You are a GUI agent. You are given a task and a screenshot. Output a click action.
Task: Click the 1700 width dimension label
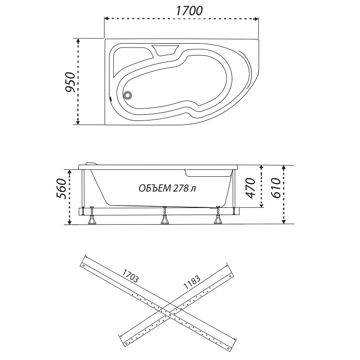[190, 11]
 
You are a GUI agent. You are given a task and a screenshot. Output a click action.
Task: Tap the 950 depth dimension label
[70, 82]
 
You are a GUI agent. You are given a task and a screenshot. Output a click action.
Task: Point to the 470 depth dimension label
[250, 188]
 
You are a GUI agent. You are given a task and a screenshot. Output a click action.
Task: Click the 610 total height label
[276, 188]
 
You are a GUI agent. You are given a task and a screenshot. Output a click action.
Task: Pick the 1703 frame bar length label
[130, 276]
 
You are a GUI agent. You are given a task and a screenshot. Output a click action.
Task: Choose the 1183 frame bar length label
[192, 282]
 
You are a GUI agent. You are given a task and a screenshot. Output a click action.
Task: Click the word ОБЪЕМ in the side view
[155, 188]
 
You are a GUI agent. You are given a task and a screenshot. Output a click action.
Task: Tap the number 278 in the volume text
[181, 188]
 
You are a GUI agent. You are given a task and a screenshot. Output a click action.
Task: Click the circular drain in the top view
[127, 95]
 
